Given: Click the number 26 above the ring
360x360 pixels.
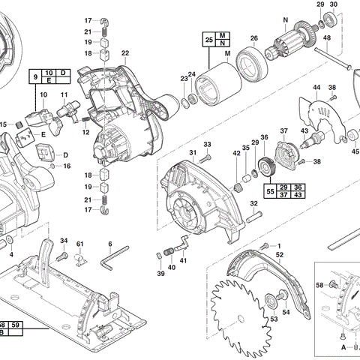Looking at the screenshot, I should [253, 39].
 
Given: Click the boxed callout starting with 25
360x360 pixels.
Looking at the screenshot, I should [216, 40].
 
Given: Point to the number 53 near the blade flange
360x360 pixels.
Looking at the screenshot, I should [274, 319].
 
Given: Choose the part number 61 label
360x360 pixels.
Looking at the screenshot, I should [80, 244].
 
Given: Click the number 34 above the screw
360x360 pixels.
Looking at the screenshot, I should [64, 241].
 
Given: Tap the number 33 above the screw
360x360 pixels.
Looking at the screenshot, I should [207, 144].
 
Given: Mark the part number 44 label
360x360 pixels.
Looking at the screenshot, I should [316, 88].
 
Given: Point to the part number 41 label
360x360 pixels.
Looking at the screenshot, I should [184, 261].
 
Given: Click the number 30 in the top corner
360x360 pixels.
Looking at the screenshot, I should [334, 4].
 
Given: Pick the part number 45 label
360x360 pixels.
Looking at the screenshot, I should [355, 149].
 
